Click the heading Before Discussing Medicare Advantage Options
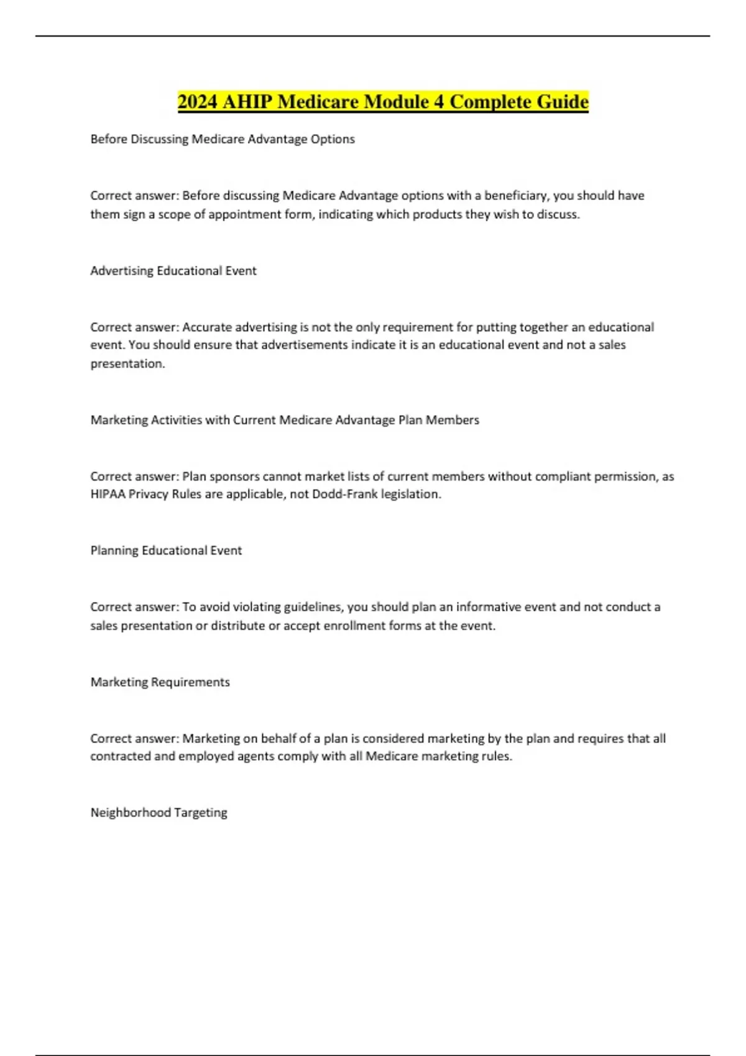click(x=223, y=139)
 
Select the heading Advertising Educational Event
click(x=173, y=271)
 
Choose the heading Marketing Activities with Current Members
click(x=285, y=420)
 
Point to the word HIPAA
click(x=108, y=494)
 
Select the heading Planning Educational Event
click(x=166, y=550)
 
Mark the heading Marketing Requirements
click(x=160, y=682)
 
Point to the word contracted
click(x=121, y=757)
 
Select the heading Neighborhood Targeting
click(x=159, y=812)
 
